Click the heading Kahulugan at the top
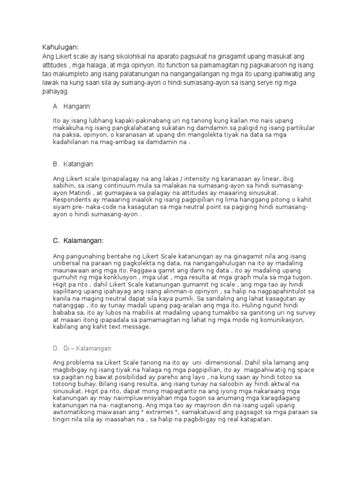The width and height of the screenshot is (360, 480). pyautogui.click(x=60, y=47)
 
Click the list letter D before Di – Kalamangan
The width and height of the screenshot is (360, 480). pyautogui.click(x=55, y=348)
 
